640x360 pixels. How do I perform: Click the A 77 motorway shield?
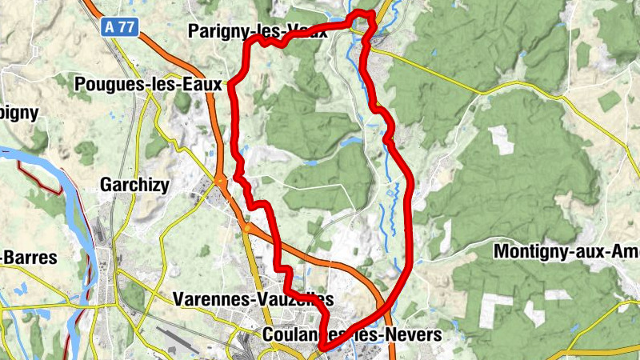(x=121, y=27)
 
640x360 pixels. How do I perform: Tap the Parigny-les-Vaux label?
(x=256, y=32)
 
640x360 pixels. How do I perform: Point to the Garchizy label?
(x=134, y=186)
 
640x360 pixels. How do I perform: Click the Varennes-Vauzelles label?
(x=252, y=299)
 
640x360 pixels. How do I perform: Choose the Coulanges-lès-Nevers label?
(x=352, y=334)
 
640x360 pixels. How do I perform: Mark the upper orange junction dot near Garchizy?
(x=219, y=182)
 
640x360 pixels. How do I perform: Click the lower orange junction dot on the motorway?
(x=247, y=230)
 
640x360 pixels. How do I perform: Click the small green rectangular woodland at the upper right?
(x=610, y=101)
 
